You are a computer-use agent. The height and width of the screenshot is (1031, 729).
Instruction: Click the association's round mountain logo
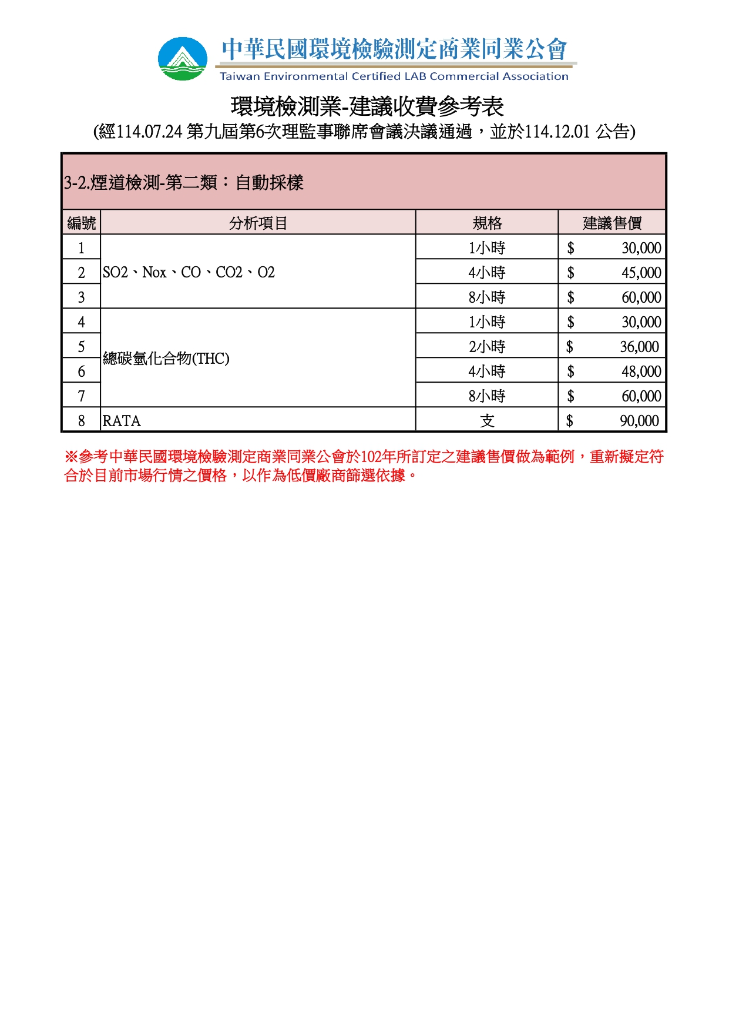coord(183,59)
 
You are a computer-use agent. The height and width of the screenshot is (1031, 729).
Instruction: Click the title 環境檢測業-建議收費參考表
coord(367,106)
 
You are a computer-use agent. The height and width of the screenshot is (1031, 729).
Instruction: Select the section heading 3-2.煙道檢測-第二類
coord(183,183)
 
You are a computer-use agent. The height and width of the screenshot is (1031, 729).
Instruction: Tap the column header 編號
coord(81,223)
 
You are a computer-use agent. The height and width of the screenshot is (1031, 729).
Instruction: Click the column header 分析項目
coord(258,223)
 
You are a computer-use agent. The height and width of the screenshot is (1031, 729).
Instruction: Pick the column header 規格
coord(487,223)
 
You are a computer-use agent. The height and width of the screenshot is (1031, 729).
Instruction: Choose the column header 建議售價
coord(612,223)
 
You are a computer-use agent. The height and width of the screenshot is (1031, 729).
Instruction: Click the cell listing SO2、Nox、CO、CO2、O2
coord(189,272)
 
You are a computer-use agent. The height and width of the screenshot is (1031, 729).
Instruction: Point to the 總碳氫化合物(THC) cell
coord(166,359)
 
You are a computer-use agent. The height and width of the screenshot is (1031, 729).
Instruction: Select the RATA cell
coord(122,421)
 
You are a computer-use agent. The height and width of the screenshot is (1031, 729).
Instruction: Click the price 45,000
coord(641,273)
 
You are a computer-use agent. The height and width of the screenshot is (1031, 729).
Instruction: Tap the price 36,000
coord(639,347)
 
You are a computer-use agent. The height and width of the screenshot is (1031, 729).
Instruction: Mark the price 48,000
coord(641,371)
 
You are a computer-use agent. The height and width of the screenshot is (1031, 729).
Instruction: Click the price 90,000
coord(639,421)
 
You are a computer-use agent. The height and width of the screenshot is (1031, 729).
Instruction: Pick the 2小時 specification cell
coord(487,347)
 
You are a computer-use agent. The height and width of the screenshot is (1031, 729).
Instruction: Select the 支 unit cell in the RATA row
coord(487,421)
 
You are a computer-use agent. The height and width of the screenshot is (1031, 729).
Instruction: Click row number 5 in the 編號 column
coord(81,347)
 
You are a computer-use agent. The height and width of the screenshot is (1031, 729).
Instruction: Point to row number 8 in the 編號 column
coord(81,421)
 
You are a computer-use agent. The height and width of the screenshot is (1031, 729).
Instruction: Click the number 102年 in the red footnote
coord(378,457)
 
